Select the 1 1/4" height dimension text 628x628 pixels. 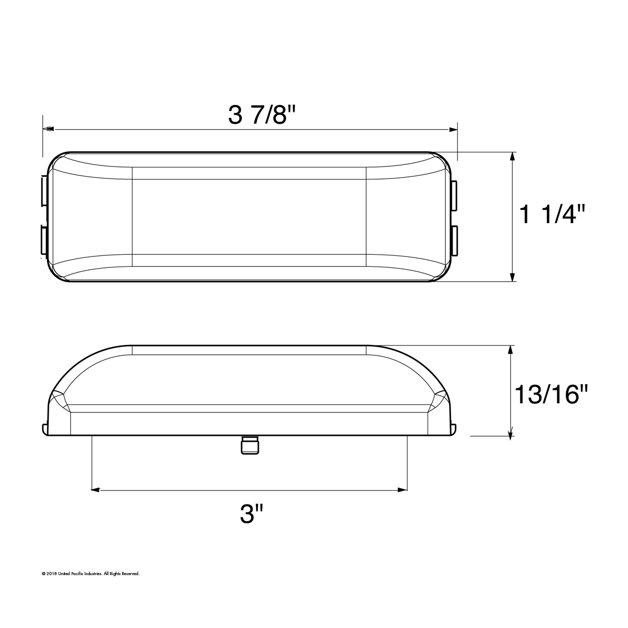click(552, 215)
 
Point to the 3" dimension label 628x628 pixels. click(251, 514)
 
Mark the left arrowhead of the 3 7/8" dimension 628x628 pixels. click(48, 129)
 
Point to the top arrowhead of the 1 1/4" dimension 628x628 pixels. click(512, 156)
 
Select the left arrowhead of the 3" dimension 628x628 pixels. click(96, 490)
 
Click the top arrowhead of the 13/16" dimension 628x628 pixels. click(510, 350)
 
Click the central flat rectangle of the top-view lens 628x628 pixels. click(249, 217)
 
